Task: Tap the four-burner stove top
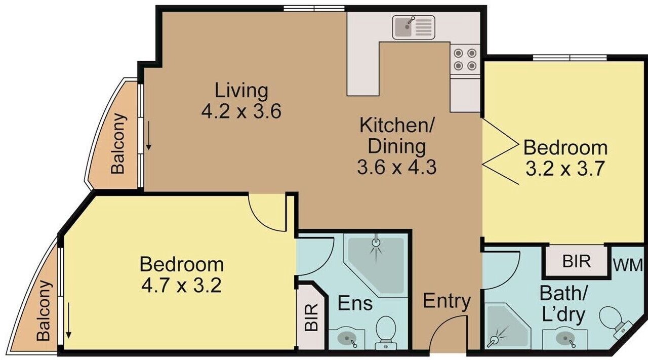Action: tap(465, 59)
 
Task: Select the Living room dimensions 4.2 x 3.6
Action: tap(241, 111)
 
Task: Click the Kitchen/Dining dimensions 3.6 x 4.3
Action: tap(396, 167)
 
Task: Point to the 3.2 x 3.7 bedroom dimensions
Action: tap(565, 168)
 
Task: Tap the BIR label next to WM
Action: tap(576, 261)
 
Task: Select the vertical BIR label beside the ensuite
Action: tap(311, 317)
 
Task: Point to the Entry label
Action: tap(447, 301)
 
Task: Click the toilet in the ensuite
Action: tap(386, 332)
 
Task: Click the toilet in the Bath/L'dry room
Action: tap(613, 320)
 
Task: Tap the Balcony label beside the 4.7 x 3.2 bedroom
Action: tap(44, 311)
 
